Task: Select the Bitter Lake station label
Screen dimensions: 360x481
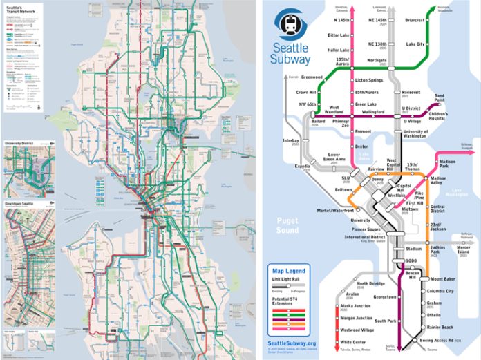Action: (339, 35)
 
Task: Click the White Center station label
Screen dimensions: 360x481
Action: (354, 342)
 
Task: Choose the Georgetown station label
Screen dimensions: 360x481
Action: (381, 296)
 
